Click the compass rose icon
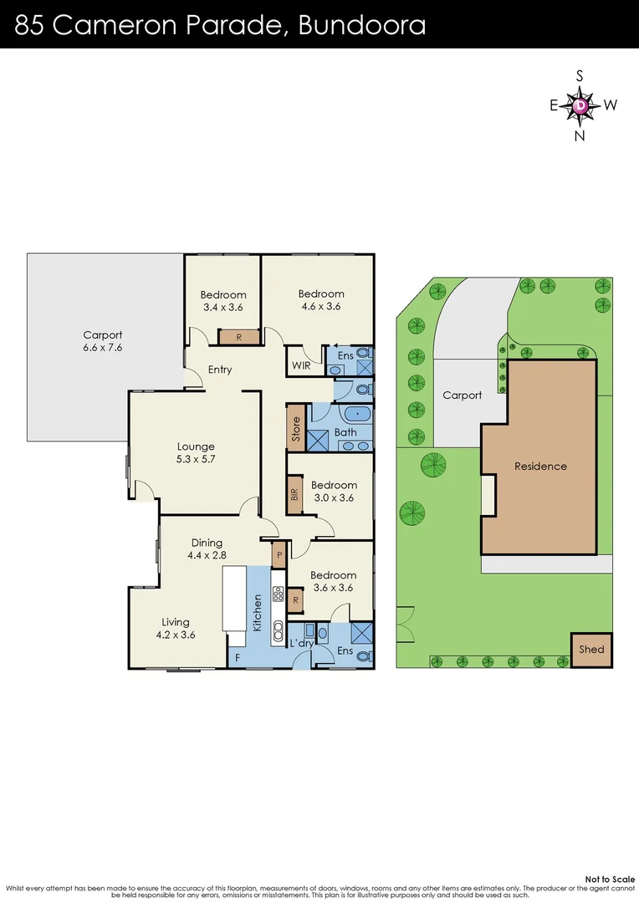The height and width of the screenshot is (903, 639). pos(580,105)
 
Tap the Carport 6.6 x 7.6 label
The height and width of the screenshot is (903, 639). pos(102,341)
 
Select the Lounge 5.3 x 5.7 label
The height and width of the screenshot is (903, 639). pos(196,452)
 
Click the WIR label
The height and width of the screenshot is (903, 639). pos(301,365)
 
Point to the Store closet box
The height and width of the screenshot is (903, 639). pos(295,428)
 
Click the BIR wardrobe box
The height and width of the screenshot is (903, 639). pos(294,493)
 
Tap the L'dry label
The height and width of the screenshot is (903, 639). pos(300,643)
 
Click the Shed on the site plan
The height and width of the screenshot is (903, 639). pos(591,650)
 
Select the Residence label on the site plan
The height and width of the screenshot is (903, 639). pos(540,467)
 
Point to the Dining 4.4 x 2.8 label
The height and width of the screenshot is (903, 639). pos(207,548)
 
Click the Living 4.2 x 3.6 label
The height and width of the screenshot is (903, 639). pos(176,628)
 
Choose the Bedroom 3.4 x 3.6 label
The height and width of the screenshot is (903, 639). pos(223,301)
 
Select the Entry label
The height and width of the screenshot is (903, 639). pos(220,370)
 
